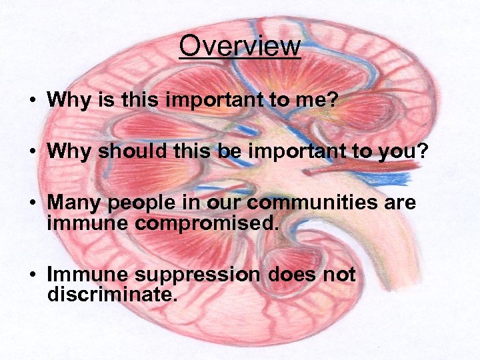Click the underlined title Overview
[240, 47]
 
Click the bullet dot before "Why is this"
[31, 101]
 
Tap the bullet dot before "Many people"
[31, 202]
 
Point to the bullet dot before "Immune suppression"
[31, 275]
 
